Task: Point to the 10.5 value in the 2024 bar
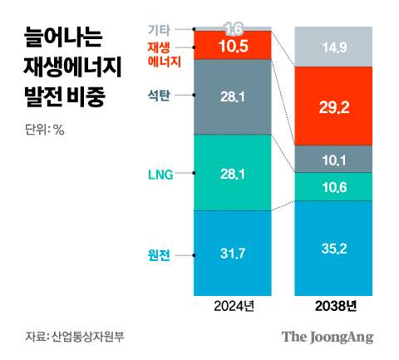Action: pos(233,45)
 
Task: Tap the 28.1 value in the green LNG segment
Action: pos(233,173)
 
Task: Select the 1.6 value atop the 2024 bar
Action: pos(233,28)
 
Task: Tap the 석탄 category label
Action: pos(157,96)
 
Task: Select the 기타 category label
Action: pos(158,29)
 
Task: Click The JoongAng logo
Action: pos(327,337)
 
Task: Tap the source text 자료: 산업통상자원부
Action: pos(68,337)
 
